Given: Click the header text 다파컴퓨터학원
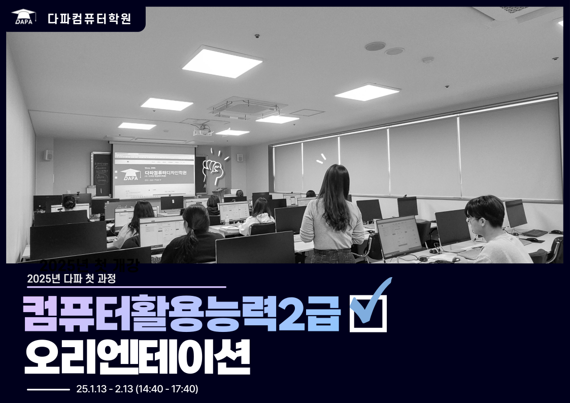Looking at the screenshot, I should click(89, 18).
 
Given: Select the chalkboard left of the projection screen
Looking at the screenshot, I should click(101, 174).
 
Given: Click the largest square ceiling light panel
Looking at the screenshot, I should click(222, 62).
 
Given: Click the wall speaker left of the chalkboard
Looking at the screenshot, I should click(48, 155).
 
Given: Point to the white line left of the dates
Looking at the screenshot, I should click(48, 390).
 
